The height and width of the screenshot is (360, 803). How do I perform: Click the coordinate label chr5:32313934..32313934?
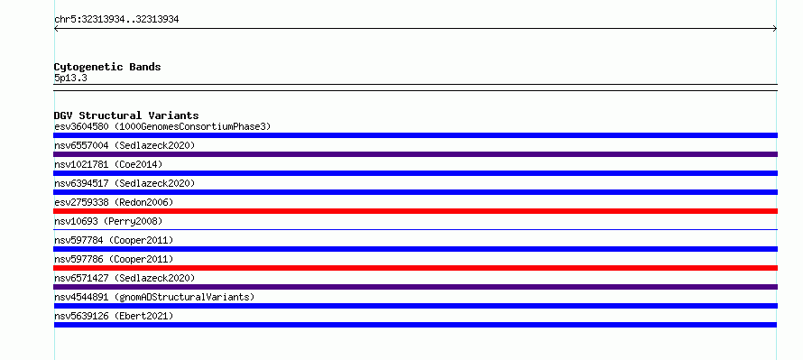tap(116, 20)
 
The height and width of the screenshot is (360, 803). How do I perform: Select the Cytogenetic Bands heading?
tap(107, 67)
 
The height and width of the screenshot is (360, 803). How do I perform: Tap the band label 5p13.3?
tap(70, 78)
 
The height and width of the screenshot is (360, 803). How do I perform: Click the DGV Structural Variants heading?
tap(126, 115)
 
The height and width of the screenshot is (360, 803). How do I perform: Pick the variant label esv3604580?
tap(81, 126)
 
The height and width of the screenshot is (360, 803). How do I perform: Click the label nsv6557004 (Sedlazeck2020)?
tap(125, 145)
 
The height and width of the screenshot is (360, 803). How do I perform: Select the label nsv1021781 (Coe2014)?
tap(108, 164)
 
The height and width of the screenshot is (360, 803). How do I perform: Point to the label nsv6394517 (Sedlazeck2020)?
tap(125, 183)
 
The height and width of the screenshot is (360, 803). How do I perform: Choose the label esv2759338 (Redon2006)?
tap(114, 202)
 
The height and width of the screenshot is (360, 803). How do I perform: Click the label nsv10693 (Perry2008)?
tap(108, 221)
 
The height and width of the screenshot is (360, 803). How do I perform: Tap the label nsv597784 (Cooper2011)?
tap(114, 240)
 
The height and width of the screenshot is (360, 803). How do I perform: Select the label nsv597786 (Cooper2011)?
tap(114, 259)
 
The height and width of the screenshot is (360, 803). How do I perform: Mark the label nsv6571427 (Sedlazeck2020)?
tap(125, 278)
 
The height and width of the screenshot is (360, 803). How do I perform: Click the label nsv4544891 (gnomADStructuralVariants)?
tap(154, 297)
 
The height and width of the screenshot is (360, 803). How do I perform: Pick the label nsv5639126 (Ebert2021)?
tap(114, 316)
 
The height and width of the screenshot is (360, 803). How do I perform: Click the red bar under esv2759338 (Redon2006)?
tap(415, 211)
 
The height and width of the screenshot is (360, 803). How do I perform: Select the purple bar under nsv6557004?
tap(415, 154)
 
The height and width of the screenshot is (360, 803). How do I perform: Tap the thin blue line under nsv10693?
tap(415, 230)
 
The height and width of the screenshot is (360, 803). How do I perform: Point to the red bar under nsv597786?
tap(415, 268)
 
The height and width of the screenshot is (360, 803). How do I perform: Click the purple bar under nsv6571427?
tap(415, 287)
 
